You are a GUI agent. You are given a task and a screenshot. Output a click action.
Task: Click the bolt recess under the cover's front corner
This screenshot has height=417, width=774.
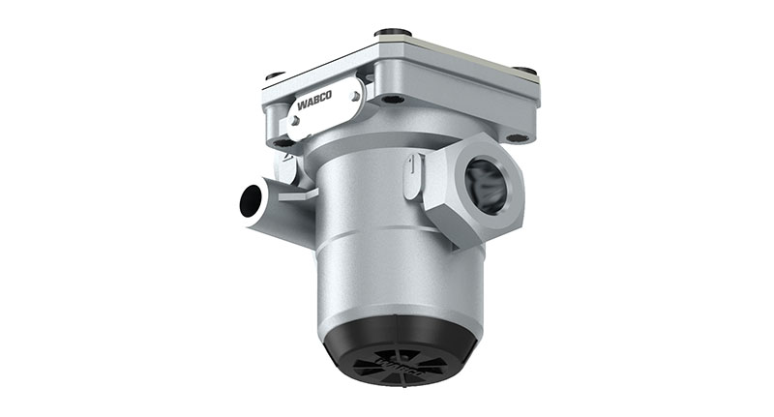391,99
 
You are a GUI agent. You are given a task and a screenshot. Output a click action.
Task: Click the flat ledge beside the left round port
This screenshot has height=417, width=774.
295,194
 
